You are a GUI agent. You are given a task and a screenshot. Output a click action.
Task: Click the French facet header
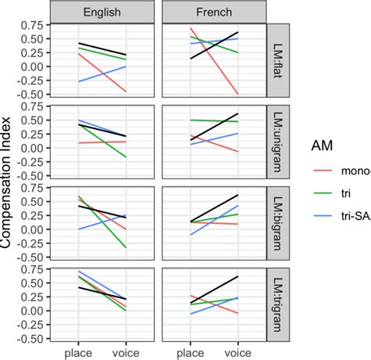[213, 13]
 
